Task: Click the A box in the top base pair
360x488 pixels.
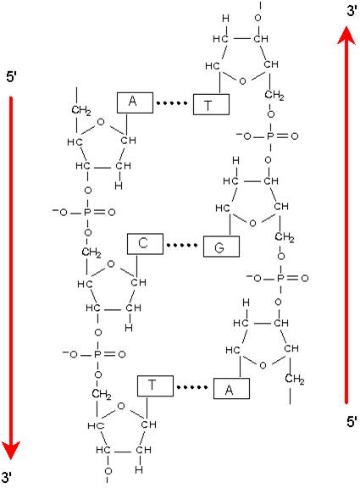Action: (135, 103)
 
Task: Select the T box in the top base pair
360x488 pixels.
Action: (211, 104)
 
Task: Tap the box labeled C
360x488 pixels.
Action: (145, 244)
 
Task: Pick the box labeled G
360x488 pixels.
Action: (221, 247)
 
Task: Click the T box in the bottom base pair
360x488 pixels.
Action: (155, 386)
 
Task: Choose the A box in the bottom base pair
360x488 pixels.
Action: (231, 388)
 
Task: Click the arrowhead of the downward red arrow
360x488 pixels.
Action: (11, 450)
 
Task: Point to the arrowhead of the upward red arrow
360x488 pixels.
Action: (346, 36)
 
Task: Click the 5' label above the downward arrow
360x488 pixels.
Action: (11, 77)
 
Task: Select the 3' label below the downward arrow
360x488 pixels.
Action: (7, 477)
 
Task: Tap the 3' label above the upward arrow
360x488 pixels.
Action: (352, 11)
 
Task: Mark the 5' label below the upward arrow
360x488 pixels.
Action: (352, 422)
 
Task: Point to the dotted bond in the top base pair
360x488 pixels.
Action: (172, 103)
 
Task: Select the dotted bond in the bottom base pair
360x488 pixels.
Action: (192, 387)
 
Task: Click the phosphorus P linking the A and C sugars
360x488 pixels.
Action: (87, 213)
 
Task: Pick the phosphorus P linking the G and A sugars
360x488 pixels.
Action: (280, 278)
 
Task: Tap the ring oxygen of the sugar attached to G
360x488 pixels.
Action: (252, 223)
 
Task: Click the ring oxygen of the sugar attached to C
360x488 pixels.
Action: (111, 264)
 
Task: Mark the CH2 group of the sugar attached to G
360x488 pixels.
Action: (285, 238)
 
